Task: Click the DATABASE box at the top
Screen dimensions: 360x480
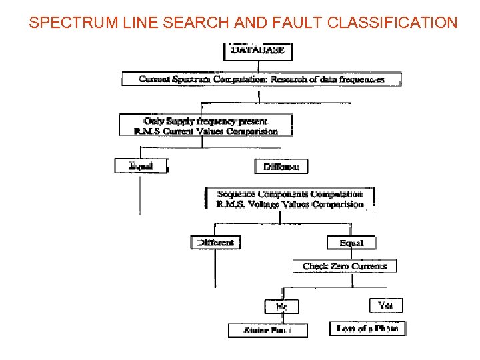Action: click(x=257, y=51)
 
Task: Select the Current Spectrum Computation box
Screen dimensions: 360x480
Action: click(x=261, y=79)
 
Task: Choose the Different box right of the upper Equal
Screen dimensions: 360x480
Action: click(x=281, y=167)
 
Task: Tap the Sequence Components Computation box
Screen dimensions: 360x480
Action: click(x=289, y=199)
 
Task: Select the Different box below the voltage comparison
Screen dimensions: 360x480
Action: click(x=215, y=243)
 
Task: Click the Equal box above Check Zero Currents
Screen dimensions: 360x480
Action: click(x=351, y=243)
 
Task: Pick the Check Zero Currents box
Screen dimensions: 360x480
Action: click(x=345, y=266)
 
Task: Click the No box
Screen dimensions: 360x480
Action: click(x=282, y=306)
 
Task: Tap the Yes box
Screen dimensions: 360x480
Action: click(x=385, y=305)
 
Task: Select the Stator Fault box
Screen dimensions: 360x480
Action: click(x=268, y=330)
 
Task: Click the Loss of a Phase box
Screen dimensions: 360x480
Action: click(x=367, y=329)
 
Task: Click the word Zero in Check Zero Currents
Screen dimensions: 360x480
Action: click(x=341, y=266)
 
